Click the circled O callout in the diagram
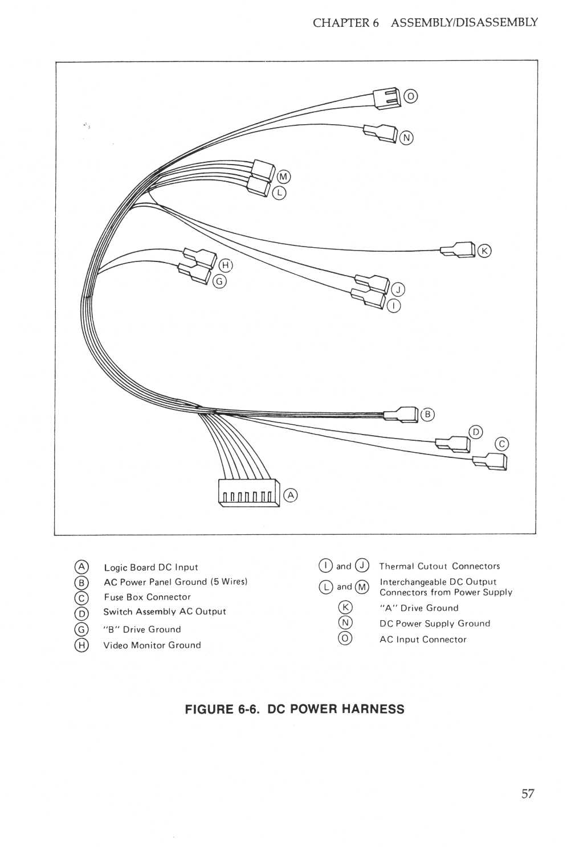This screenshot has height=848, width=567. [410, 96]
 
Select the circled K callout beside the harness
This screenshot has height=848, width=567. [484, 251]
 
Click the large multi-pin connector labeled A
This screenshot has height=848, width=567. [249, 493]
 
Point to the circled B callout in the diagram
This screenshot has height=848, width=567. [427, 415]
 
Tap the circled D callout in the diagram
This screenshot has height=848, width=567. [475, 432]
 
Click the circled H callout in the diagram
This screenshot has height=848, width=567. [226, 265]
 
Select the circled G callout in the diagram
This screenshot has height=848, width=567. [219, 281]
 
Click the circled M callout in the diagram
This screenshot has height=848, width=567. [283, 177]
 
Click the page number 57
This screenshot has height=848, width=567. [528, 794]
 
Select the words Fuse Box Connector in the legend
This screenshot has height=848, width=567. [147, 597]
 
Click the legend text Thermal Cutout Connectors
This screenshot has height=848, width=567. [439, 566]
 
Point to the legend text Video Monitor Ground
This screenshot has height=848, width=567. [152, 645]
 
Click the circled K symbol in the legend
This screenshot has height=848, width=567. [345, 608]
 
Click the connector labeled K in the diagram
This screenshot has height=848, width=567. [459, 250]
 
